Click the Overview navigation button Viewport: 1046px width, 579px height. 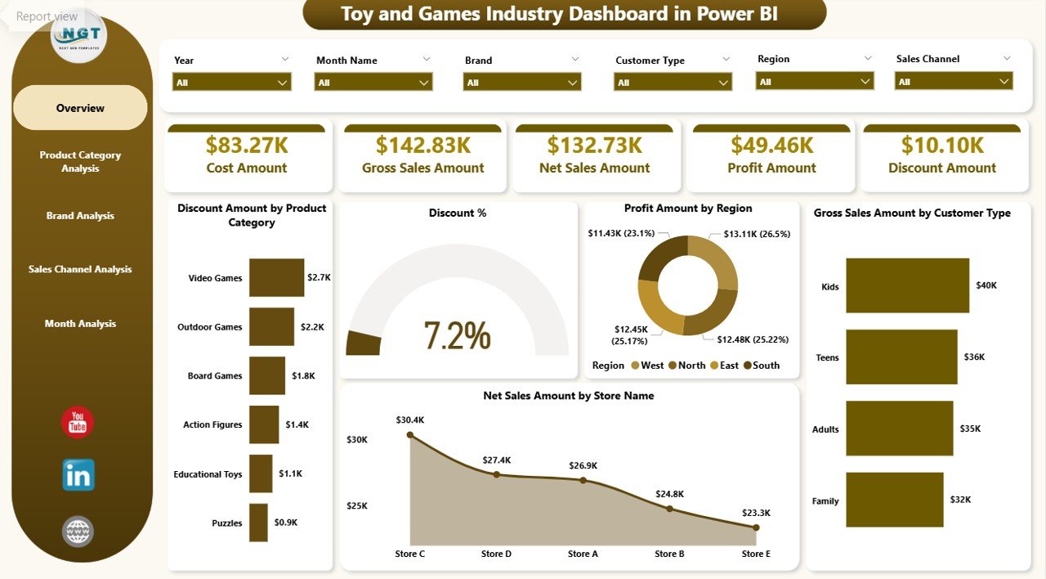tap(80, 108)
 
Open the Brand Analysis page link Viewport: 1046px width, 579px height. tap(80, 216)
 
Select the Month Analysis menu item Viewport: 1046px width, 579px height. tap(80, 324)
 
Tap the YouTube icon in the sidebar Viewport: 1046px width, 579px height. tap(78, 423)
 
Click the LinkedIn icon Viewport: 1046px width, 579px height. tap(78, 475)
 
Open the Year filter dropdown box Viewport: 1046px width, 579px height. tap(232, 83)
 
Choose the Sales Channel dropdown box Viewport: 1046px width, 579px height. tap(954, 81)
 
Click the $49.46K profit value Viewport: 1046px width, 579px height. tap(771, 145)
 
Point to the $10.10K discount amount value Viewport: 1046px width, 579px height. tap(942, 145)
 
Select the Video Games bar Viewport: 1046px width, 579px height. tap(276, 277)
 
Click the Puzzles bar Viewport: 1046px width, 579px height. tap(258, 523)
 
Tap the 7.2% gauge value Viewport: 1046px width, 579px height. tap(457, 335)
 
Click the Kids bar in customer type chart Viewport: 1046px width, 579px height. tap(907, 285)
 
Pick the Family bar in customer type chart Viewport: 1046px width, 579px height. tap(894, 500)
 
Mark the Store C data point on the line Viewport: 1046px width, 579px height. tap(410, 435)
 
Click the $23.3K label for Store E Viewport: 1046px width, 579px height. tap(756, 513)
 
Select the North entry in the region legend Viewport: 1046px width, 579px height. tap(686, 366)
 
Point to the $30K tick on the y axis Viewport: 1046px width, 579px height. tap(356, 439)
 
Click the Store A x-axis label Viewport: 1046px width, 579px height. tap(583, 554)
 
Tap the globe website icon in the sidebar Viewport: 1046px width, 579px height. tap(78, 532)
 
